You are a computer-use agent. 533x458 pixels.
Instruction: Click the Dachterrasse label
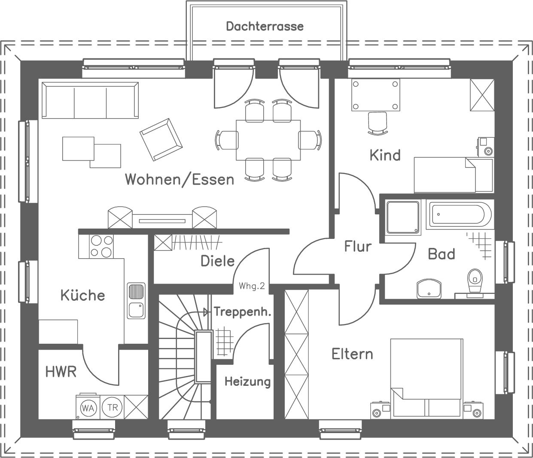[x=265, y=27]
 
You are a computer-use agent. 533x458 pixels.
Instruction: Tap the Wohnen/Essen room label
[x=180, y=179]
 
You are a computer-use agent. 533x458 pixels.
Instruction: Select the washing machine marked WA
[x=88, y=407]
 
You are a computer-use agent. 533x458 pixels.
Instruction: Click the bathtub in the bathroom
[x=458, y=214]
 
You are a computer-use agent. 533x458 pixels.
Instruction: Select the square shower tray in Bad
[x=402, y=217]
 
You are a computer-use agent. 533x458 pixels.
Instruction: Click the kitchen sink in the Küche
[x=136, y=300]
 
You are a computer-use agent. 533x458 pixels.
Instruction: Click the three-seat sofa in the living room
[x=90, y=101]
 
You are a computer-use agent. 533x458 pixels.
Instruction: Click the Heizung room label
[x=247, y=382]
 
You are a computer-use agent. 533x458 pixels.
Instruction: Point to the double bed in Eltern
[x=427, y=378]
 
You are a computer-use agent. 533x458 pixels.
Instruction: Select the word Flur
[x=357, y=247]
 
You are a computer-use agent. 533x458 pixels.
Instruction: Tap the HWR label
[x=61, y=372]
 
